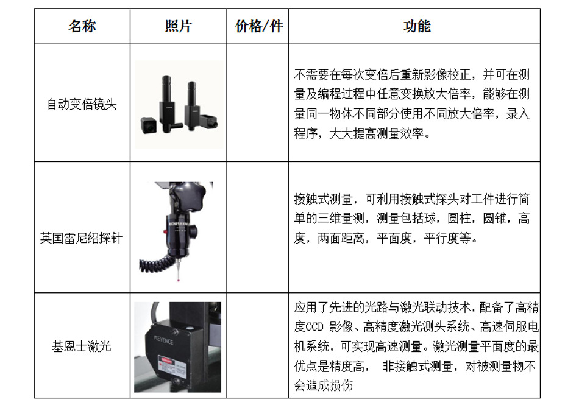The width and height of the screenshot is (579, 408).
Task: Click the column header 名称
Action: click(x=82, y=26)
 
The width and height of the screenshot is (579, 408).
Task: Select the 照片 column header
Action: click(x=179, y=26)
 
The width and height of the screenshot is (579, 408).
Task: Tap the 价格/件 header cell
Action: click(x=258, y=26)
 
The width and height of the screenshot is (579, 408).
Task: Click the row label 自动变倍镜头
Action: click(x=82, y=104)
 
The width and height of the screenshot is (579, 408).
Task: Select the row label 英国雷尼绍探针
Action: click(x=82, y=238)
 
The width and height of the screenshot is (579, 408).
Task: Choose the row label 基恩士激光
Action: click(x=82, y=347)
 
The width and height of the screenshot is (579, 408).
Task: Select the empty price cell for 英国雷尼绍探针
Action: click(x=258, y=227)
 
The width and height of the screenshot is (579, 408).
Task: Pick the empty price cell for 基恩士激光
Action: click(x=258, y=346)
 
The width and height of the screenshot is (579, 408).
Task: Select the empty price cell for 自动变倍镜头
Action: click(x=258, y=102)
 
